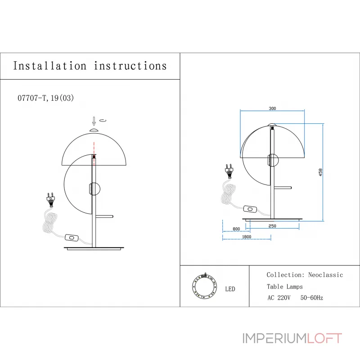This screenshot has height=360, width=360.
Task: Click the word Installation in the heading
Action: pyautogui.click(x=50, y=66)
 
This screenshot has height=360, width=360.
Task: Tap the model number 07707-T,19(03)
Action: pyautogui.click(x=46, y=98)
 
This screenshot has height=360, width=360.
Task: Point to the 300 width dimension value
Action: pyautogui.click(x=272, y=108)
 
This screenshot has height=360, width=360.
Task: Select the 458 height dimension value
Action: pyautogui.click(x=320, y=172)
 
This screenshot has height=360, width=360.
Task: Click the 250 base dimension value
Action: pyautogui.click(x=272, y=226)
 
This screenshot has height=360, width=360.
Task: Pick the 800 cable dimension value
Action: pyautogui.click(x=236, y=229)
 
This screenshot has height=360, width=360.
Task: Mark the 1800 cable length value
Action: pyautogui.click(x=247, y=237)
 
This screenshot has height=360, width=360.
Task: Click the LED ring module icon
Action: pyautogui.click(x=204, y=287)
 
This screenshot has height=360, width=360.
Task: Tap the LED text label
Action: pyautogui.click(x=230, y=289)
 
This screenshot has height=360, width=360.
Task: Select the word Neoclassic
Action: pyautogui.click(x=325, y=275)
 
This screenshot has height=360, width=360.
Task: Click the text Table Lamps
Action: pyautogui.click(x=285, y=287)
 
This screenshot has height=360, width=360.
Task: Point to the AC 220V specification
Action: pyautogui.click(x=279, y=298)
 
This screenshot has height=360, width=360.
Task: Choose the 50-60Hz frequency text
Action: pyautogui.click(x=311, y=298)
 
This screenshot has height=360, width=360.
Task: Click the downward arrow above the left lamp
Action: pyautogui.click(x=94, y=121)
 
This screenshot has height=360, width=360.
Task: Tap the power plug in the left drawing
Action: pyautogui.click(x=51, y=200)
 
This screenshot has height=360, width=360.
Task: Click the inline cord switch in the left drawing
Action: pyautogui.click(x=72, y=238)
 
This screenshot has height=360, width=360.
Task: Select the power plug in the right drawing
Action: pyautogui.click(x=229, y=171)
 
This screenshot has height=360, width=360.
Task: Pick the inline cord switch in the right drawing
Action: pyautogui.click(x=250, y=209)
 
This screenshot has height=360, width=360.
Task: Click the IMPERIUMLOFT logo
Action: pyautogui.click(x=292, y=338)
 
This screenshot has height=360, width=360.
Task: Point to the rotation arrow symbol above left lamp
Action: pyautogui.click(x=103, y=120)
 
